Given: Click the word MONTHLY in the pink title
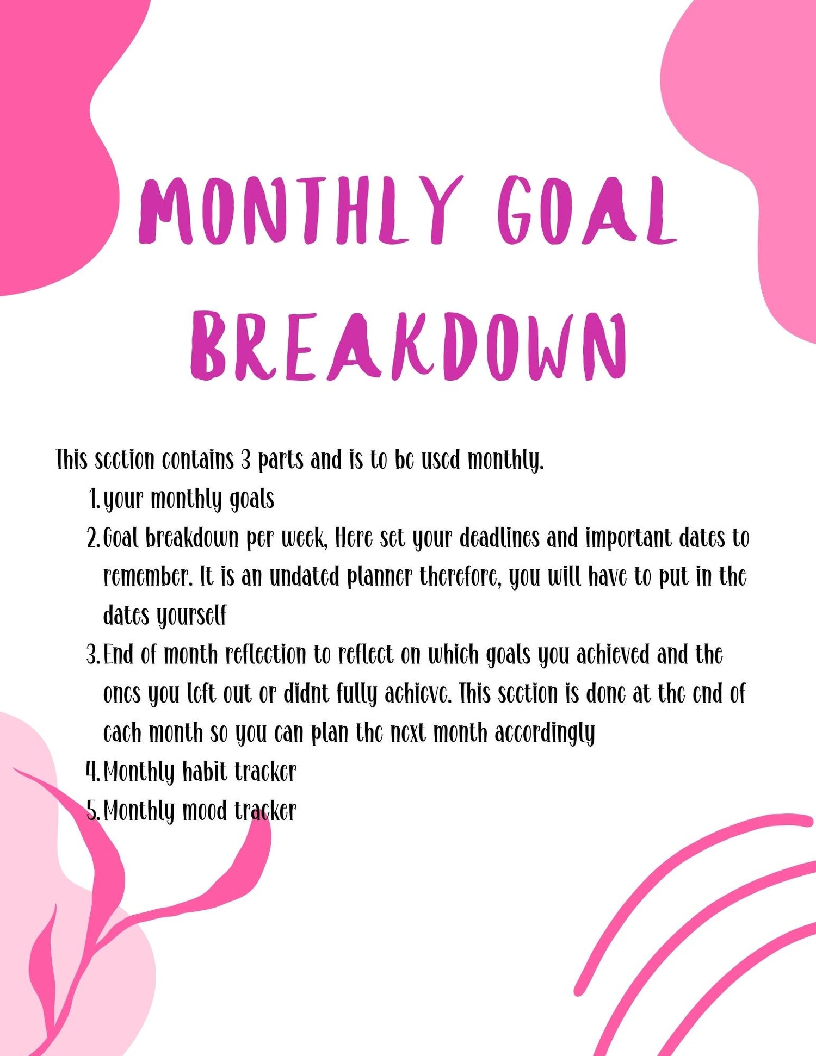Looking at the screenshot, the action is [301, 210].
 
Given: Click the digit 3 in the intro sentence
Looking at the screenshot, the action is [246, 460].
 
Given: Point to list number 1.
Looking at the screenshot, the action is [94, 499].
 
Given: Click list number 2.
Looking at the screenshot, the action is [93, 538].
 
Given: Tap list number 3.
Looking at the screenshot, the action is [93, 655].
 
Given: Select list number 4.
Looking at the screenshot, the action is [93, 772].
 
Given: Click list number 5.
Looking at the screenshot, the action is [93, 811].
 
